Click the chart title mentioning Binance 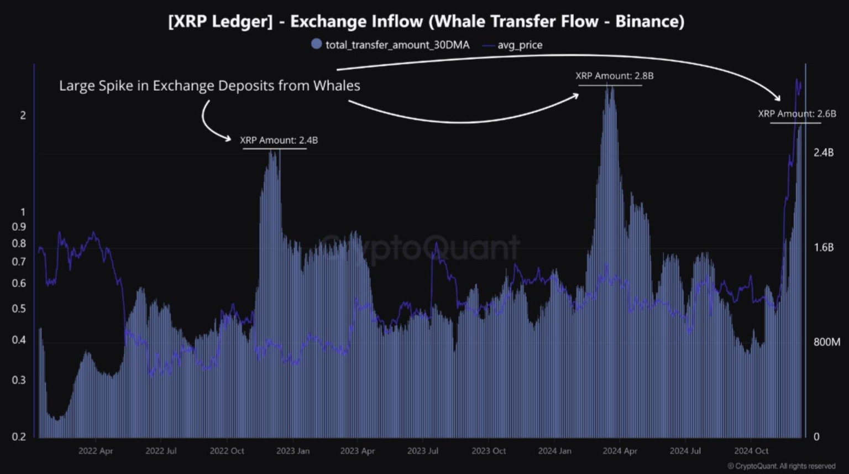(426, 22)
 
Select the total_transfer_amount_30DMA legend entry (397, 45)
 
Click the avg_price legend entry (520, 45)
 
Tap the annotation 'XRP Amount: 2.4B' (279, 140)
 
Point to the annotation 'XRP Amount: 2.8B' (614, 76)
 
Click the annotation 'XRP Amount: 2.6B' (796, 114)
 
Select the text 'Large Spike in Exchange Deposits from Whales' (209, 86)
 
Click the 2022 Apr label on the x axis (96, 451)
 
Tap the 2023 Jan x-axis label (293, 451)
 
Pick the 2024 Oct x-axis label (751, 451)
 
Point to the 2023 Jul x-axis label (423, 451)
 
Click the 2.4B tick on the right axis (823, 152)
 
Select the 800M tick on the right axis (826, 342)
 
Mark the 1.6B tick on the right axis (823, 247)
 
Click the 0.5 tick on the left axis (19, 309)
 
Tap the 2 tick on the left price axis (23, 115)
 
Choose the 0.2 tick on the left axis (19, 436)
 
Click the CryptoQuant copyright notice (781, 466)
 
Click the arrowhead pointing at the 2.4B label (228, 138)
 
